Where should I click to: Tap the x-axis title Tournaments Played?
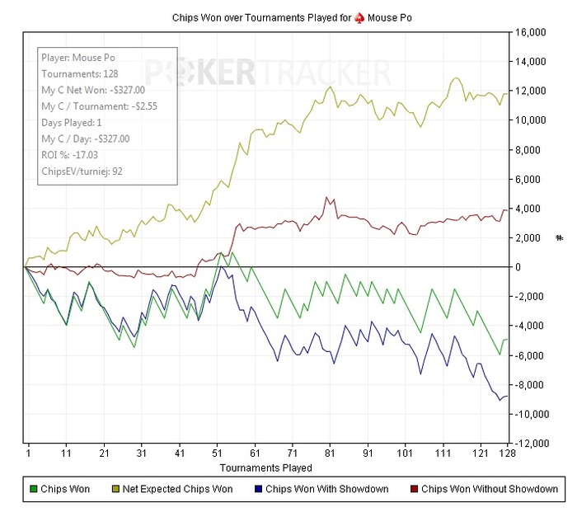(266, 468)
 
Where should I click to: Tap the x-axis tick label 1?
(28, 454)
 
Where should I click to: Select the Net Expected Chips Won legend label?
(177, 489)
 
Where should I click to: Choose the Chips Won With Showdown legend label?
(327, 489)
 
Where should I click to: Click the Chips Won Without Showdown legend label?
(490, 489)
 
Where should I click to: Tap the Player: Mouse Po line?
(79, 59)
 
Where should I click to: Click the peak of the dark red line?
(327, 198)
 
